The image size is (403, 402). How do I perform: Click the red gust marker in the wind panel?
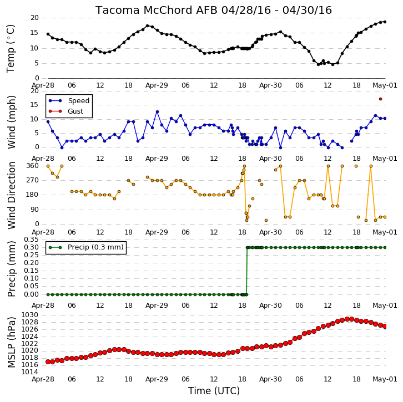(x=380, y=99)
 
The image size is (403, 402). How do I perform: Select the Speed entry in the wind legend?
(x=69, y=100)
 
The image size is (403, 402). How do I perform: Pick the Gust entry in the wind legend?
(x=66, y=111)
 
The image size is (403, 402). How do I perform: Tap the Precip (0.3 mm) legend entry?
(x=86, y=247)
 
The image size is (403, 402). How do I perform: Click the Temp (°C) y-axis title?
(x=11, y=49)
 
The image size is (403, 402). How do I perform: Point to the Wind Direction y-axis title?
(x=11, y=195)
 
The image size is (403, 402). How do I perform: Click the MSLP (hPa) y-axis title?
(x=11, y=343)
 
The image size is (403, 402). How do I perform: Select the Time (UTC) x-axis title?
(x=214, y=391)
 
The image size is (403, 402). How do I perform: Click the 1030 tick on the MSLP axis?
(x=29, y=315)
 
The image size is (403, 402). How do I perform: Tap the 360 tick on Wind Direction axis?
(x=33, y=166)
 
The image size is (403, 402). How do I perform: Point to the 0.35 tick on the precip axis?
(x=31, y=240)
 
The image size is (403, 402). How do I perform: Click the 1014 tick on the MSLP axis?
(x=29, y=372)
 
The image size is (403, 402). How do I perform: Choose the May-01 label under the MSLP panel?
(x=385, y=379)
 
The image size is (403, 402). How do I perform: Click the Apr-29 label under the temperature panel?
(x=157, y=85)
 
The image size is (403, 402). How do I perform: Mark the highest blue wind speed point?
(x=157, y=111)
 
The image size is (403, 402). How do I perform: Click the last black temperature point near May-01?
(x=385, y=22)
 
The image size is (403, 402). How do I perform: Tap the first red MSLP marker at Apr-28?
(x=48, y=362)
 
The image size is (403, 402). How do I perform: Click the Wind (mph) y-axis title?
(x=11, y=122)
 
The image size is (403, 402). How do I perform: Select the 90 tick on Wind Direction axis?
(x=35, y=210)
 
